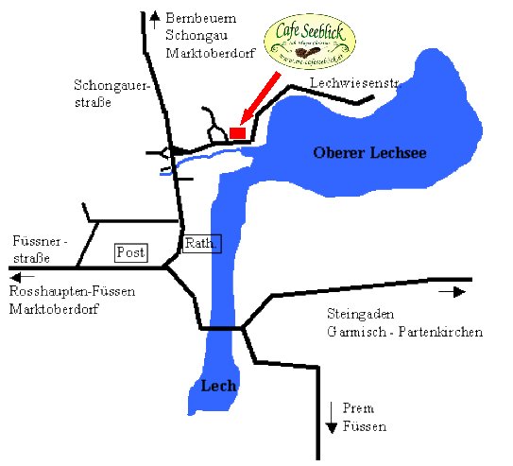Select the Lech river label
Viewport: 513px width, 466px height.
[x=218, y=386]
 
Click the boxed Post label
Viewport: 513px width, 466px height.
[x=130, y=252]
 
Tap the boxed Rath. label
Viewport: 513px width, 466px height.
[x=201, y=243]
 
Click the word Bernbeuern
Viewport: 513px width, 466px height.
[x=201, y=18]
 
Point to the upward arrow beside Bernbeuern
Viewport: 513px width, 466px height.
[x=154, y=19]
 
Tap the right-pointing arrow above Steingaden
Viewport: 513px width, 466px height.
[x=453, y=293]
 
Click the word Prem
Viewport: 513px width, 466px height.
[x=360, y=408]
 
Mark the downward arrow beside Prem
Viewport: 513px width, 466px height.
[x=332, y=417]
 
